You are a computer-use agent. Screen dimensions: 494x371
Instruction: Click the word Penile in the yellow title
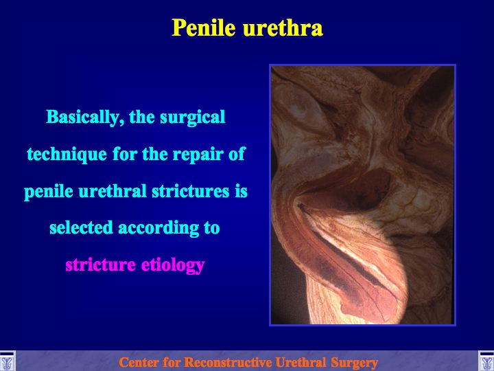[204, 27]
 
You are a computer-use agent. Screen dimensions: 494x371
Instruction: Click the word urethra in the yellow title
[283, 27]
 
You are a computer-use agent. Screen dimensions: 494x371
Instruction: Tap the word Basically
[83, 117]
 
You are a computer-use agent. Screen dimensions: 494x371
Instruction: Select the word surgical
[193, 117]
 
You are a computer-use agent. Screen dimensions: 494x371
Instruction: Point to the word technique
[67, 155]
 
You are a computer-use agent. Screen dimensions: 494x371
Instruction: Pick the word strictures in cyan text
[190, 191]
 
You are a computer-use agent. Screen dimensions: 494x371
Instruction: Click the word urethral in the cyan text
[113, 191]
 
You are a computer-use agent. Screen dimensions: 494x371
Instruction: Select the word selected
[81, 227]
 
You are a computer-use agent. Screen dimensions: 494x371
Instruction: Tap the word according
[158, 228]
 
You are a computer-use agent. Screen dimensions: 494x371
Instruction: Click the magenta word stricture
[100, 265]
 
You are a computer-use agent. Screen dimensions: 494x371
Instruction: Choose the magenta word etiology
[173, 265]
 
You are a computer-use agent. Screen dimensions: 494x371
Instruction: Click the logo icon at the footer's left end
[7, 361]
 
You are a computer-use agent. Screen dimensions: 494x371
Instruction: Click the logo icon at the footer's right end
[486, 361]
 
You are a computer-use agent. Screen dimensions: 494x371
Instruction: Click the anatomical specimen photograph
[363, 195]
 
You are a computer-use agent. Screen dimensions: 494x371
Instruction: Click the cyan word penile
[49, 192]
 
